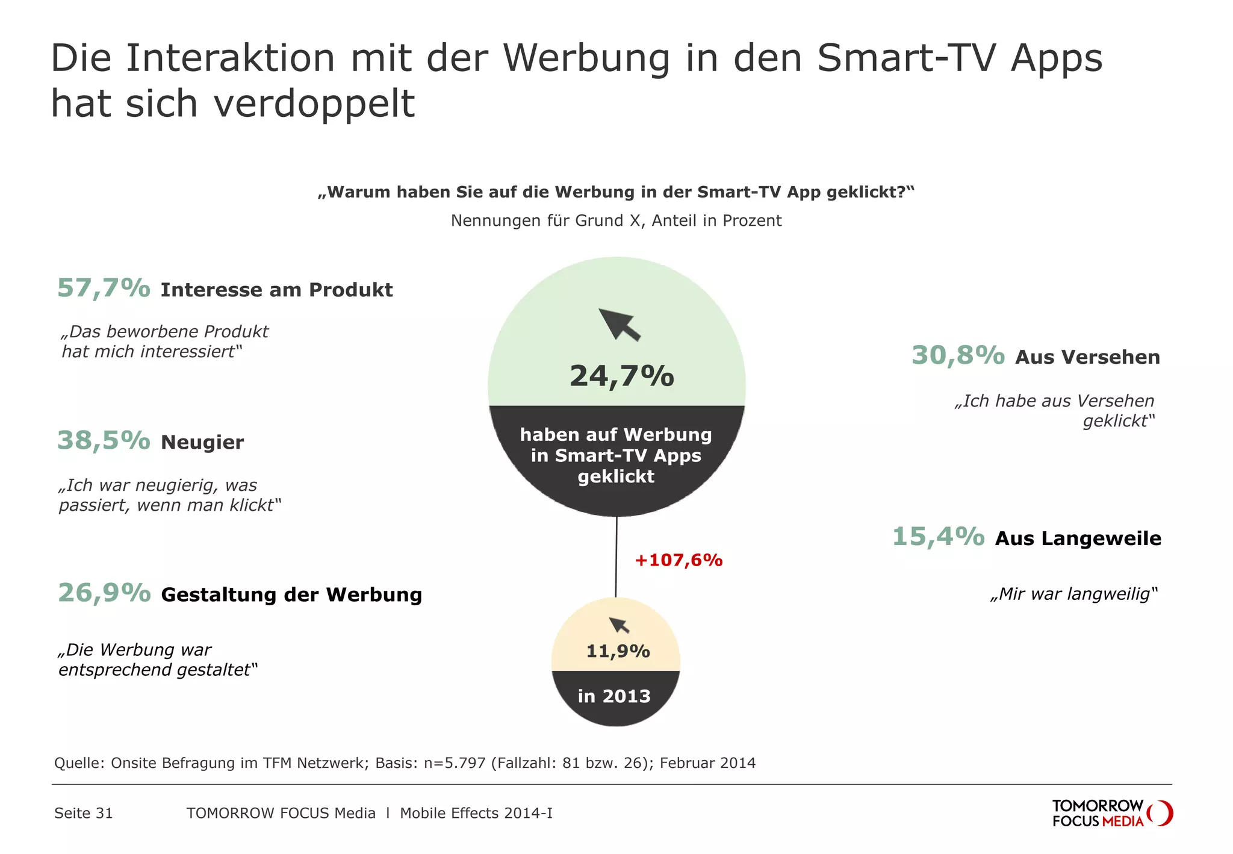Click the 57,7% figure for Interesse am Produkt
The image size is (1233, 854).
(104, 288)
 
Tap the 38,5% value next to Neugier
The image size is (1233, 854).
(104, 441)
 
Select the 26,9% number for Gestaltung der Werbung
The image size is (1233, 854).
(104, 593)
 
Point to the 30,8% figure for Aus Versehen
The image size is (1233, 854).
(958, 355)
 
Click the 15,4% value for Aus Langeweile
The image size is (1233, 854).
(938, 537)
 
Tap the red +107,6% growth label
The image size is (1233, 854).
(679, 560)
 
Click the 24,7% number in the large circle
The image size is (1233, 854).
(621, 376)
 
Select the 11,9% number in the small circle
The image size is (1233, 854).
(618, 651)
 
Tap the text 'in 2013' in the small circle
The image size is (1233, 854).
(614, 696)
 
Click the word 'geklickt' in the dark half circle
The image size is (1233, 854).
(616, 476)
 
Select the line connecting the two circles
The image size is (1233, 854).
(616, 557)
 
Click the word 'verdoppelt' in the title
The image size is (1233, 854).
(314, 104)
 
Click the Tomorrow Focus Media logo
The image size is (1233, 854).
(1111, 813)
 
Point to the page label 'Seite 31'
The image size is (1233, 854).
(84, 813)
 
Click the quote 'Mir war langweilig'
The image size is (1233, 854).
(1074, 594)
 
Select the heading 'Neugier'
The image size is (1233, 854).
(202, 443)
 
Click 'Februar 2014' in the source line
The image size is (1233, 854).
(707, 763)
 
